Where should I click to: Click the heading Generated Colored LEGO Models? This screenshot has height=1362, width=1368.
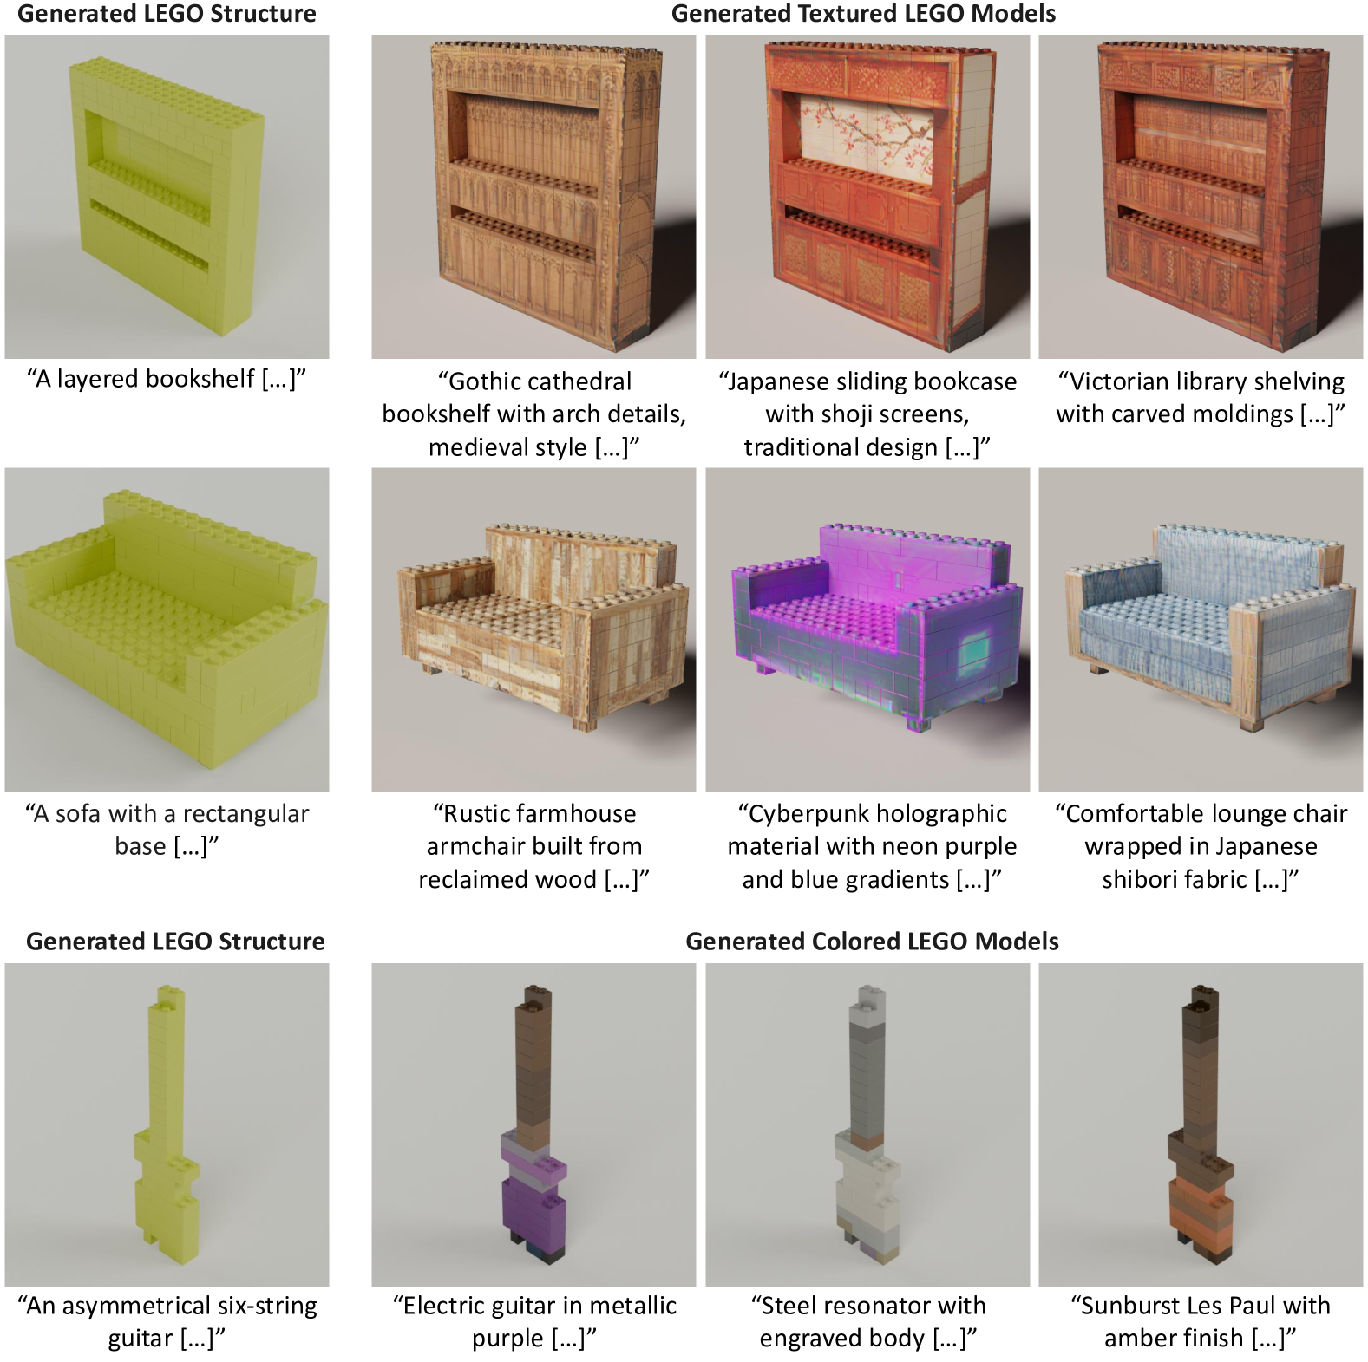coord(872,942)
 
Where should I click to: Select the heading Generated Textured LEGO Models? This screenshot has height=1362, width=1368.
coord(863,14)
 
